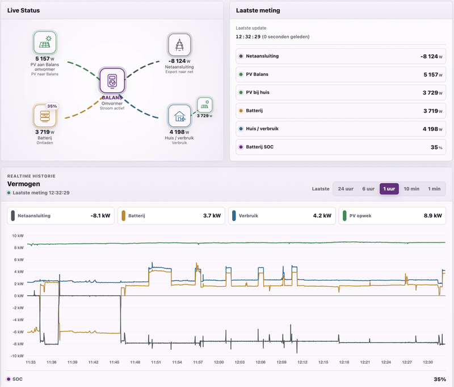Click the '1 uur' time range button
coord(389,189)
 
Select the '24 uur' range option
coord(346,189)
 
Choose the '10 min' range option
coord(411,189)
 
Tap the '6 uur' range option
coord(368,189)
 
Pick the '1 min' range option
coord(434,189)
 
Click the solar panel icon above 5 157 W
coord(45,42)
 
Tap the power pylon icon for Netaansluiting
coord(179,45)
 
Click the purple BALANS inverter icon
coord(112,80)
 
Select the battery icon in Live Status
coord(45,116)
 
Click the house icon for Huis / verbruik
coord(179,116)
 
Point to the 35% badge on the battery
coord(52,106)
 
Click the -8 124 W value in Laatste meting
coord(431,56)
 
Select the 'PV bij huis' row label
coord(258,92)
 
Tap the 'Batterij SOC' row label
coord(259,147)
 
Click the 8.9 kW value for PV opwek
coord(432,216)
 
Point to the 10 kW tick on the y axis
coord(18,236)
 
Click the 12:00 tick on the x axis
coord(219,362)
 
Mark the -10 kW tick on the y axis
coord(18,356)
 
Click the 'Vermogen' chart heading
coord(24,184)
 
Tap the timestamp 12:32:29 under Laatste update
coord(248,37)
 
